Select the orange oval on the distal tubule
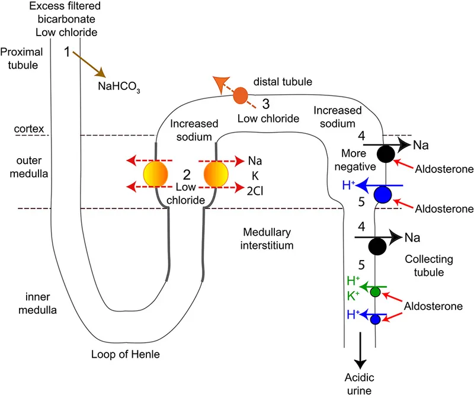[240, 95]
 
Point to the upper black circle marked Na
[386, 153]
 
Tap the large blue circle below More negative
[383, 194]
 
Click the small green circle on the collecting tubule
[375, 291]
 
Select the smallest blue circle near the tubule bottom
[376, 319]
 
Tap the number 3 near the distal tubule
[266, 104]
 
